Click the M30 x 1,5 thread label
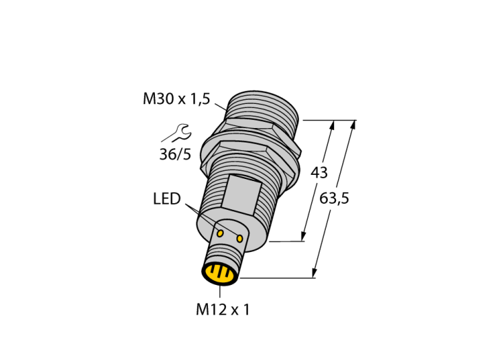[x=176, y=99]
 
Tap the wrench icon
[x=178, y=133]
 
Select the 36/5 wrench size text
[x=175, y=154]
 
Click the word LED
[x=167, y=199]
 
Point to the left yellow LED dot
[x=220, y=233]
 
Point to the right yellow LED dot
[x=240, y=238]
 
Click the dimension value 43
[x=319, y=173]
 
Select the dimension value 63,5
[x=334, y=198]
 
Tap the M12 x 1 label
[x=223, y=309]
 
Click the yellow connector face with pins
[x=220, y=273]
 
